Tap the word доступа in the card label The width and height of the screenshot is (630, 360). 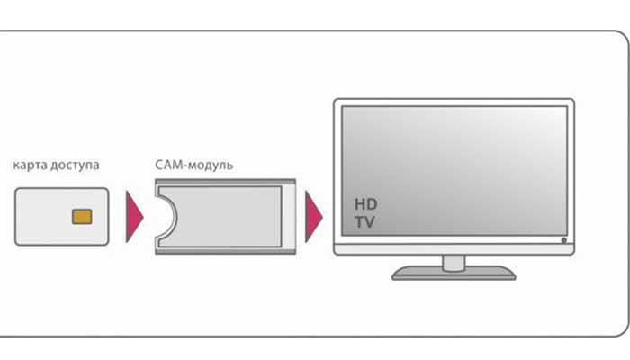tap(76, 166)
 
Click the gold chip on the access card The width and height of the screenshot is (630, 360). tap(81, 216)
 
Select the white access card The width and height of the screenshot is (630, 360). tap(45, 216)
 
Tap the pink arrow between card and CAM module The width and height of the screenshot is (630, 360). tap(133, 216)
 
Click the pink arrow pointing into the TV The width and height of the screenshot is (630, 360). tap(313, 216)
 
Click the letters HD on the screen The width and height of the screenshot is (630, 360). tap(364, 203)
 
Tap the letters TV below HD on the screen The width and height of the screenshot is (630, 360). tap(364, 220)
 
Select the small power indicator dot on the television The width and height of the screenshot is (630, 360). tap(563, 240)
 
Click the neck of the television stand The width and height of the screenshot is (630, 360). tap(454, 261)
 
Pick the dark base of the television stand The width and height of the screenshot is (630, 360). tap(454, 272)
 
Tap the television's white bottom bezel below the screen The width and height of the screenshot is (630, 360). tap(450, 246)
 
